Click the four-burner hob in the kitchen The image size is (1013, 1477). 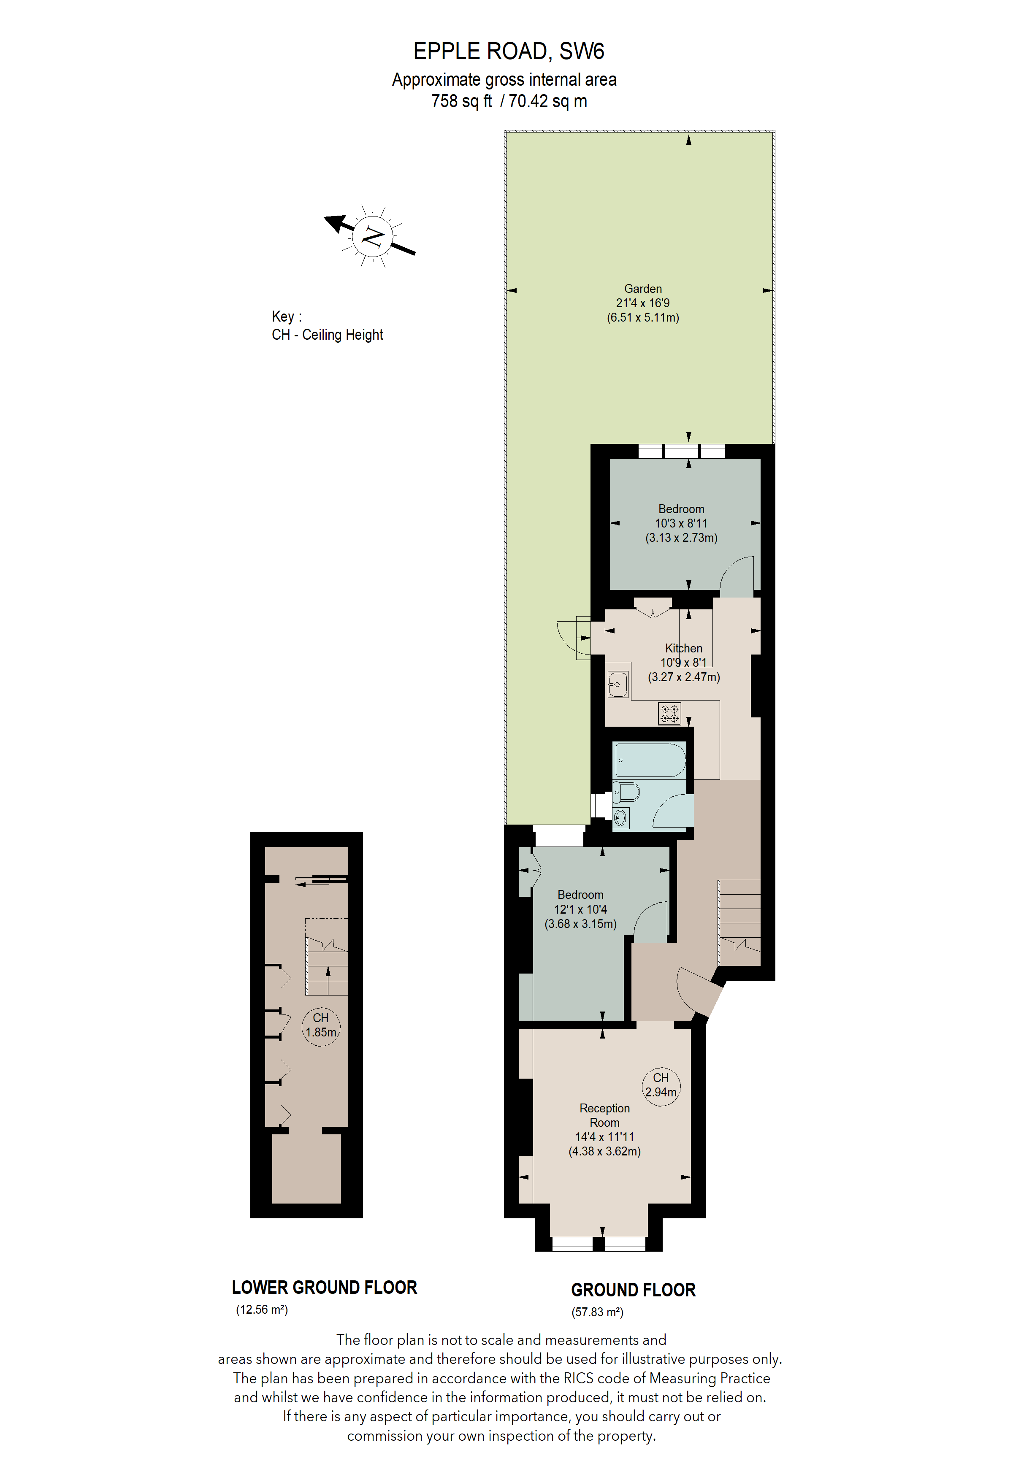pos(669,713)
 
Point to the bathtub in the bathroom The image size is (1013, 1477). pos(650,760)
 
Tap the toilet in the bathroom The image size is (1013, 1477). pos(626,793)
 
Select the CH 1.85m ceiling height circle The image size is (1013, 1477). pos(320,1025)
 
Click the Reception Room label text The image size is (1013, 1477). pos(604,1115)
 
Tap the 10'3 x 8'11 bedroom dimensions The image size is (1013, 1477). pos(681,523)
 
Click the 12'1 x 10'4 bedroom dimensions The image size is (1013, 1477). pos(580,909)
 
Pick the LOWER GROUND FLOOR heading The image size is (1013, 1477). pos(324,1287)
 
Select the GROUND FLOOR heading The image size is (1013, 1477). pos(633,1290)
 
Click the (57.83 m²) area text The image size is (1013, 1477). pos(597,1312)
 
